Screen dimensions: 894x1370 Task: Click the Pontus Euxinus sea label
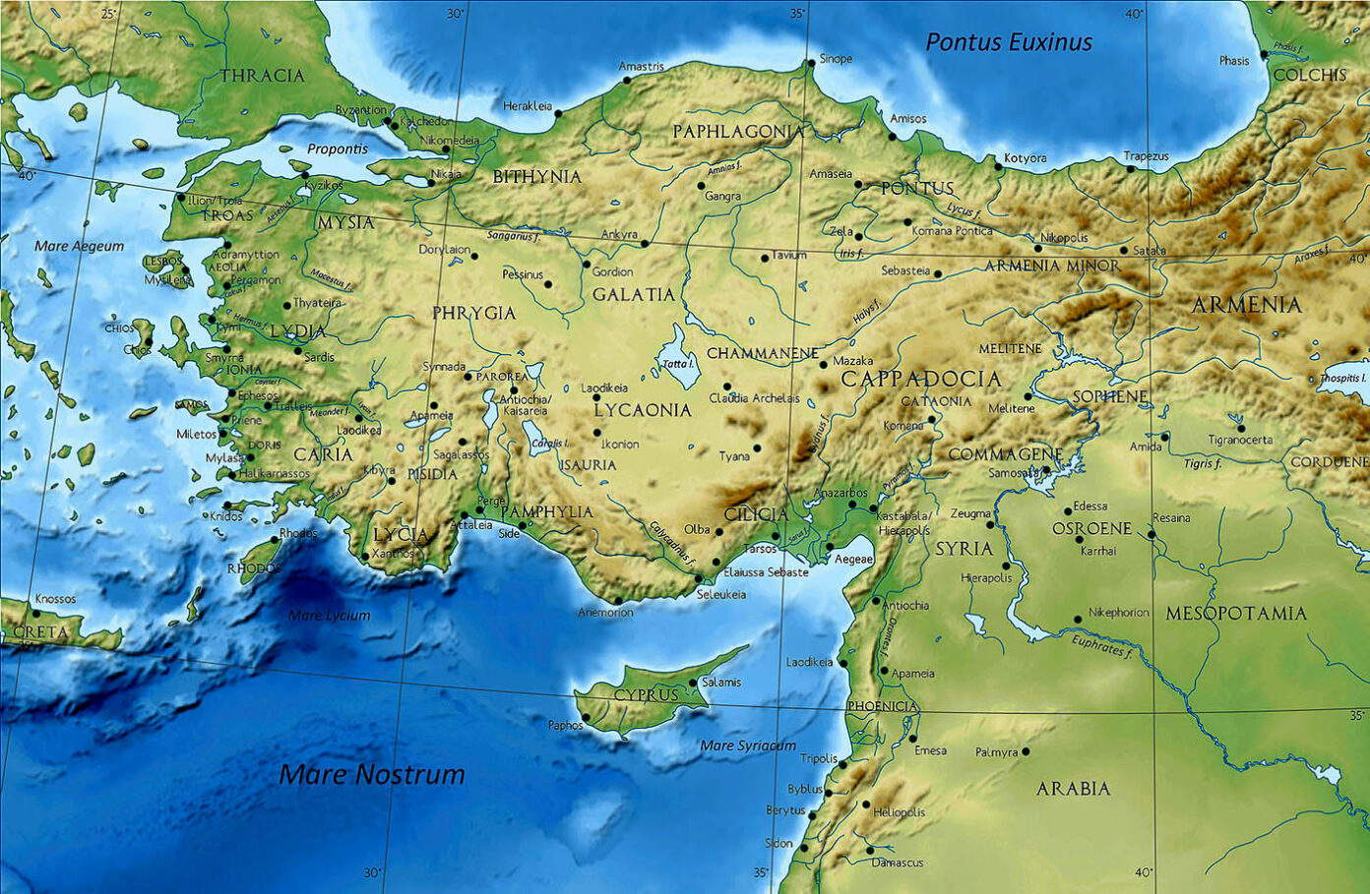click(1009, 42)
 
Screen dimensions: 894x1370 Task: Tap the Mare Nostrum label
click(372, 774)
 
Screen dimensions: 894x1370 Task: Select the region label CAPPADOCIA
click(920, 379)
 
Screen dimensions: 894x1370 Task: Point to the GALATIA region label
click(634, 294)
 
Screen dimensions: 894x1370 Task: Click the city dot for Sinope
click(811, 62)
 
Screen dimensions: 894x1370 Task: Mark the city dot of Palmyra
click(1026, 751)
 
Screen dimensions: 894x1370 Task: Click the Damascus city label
click(898, 863)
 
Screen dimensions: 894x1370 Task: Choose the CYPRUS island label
click(646, 694)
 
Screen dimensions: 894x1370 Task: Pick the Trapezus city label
click(1147, 156)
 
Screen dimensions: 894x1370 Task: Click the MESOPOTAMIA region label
click(1236, 614)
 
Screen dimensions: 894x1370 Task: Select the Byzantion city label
click(361, 110)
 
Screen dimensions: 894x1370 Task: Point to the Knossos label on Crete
click(55, 598)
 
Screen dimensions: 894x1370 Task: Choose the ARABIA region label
click(1073, 789)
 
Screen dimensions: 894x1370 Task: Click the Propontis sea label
click(337, 149)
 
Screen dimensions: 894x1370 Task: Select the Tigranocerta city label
click(1240, 440)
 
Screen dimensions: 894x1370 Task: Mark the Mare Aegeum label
click(80, 246)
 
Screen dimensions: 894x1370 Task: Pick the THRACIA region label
click(262, 76)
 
